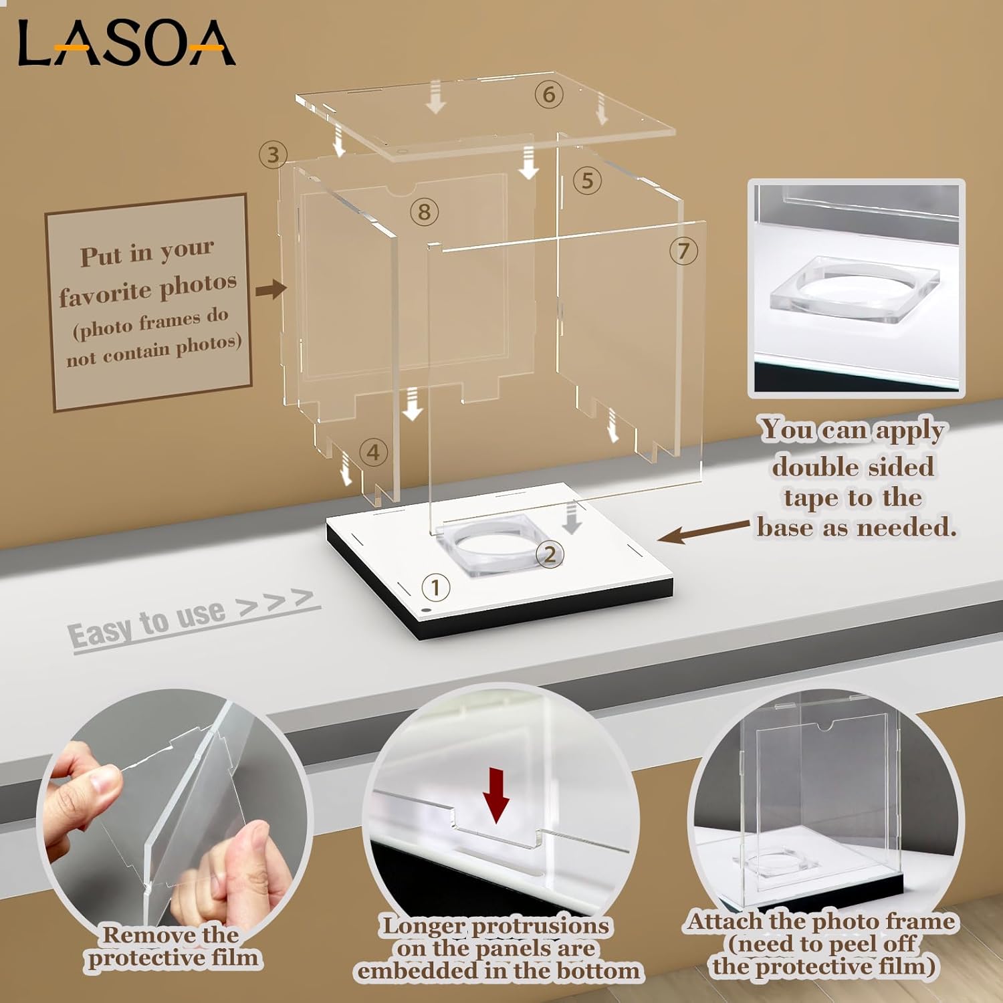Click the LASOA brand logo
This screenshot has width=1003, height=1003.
(x=126, y=43)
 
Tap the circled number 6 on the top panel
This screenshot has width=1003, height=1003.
(x=548, y=94)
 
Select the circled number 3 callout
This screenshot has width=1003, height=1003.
(x=273, y=155)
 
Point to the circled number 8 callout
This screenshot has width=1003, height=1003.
(x=424, y=212)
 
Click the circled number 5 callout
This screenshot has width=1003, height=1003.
(x=587, y=181)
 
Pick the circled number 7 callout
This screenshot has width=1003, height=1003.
(x=683, y=251)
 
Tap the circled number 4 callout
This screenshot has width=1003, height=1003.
(x=373, y=453)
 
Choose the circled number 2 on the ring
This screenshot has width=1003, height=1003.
(x=550, y=554)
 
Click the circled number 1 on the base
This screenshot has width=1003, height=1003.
(x=435, y=588)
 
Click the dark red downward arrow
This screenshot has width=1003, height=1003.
(x=496, y=795)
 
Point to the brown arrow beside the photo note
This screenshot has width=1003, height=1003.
(x=270, y=290)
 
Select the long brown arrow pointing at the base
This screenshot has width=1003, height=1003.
(x=702, y=533)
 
